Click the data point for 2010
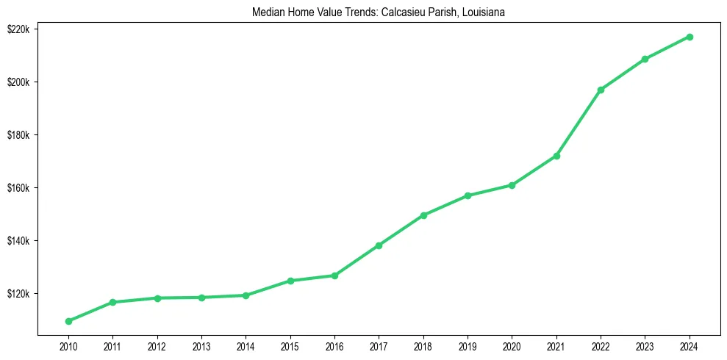(x=68, y=321)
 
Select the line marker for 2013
(x=201, y=298)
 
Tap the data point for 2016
(x=334, y=276)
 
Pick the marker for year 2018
(x=423, y=215)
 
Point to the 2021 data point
(x=556, y=156)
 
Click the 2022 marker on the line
(x=601, y=90)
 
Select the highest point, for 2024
(x=690, y=37)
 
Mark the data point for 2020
(x=512, y=185)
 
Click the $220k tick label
(x=18, y=29)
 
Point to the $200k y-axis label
(x=18, y=82)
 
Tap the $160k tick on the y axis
(x=18, y=188)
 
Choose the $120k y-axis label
(x=18, y=294)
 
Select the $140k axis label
(x=18, y=241)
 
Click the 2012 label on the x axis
(x=157, y=345)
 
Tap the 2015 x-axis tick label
(x=290, y=345)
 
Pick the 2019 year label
(x=468, y=345)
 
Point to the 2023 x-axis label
(x=645, y=345)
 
